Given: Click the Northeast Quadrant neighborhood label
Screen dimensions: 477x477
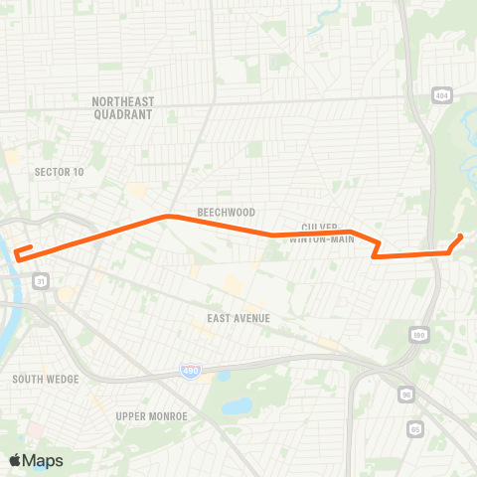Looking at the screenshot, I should [x=121, y=107].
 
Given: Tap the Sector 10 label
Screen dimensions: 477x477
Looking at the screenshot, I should [x=59, y=172].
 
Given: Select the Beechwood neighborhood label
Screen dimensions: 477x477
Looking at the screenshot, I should [x=226, y=213].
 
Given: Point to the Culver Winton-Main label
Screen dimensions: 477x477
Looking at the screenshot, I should [x=327, y=232].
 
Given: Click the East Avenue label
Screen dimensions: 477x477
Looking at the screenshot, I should [x=238, y=318].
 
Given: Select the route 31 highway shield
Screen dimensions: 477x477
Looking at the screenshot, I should [x=41, y=282].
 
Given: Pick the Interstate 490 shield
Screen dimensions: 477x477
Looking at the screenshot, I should [x=189, y=370].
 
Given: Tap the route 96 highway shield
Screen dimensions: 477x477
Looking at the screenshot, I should [x=406, y=396].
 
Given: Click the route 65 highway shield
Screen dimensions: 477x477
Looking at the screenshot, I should [x=413, y=428].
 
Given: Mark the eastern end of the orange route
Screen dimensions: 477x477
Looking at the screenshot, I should [x=461, y=237].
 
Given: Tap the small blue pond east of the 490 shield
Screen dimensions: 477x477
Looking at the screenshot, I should [x=237, y=405].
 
